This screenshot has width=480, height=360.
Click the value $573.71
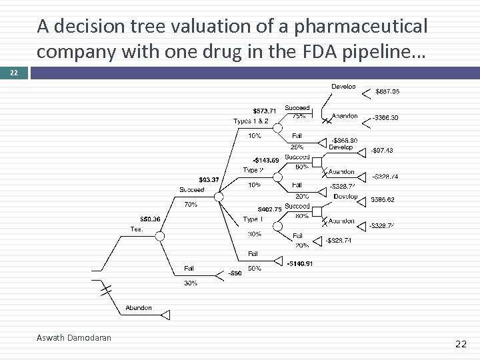(264, 111)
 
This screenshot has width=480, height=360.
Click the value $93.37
(209, 179)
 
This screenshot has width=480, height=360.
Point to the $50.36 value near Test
(149, 219)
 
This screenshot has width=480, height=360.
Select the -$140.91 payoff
(300, 263)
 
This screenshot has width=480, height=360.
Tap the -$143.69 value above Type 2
(265, 159)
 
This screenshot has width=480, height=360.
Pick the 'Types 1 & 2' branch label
(251, 121)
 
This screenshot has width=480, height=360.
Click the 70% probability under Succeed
(190, 205)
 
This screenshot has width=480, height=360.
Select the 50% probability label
(254, 269)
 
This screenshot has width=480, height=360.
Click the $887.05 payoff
(391, 91)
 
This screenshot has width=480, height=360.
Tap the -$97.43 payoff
(382, 151)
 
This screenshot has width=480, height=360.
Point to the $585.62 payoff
(382, 199)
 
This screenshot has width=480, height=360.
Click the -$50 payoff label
(235, 273)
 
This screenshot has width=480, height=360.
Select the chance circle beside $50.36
(159, 236)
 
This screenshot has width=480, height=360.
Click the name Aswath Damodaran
(73, 338)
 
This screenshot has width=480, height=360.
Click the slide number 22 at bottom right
(460, 344)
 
